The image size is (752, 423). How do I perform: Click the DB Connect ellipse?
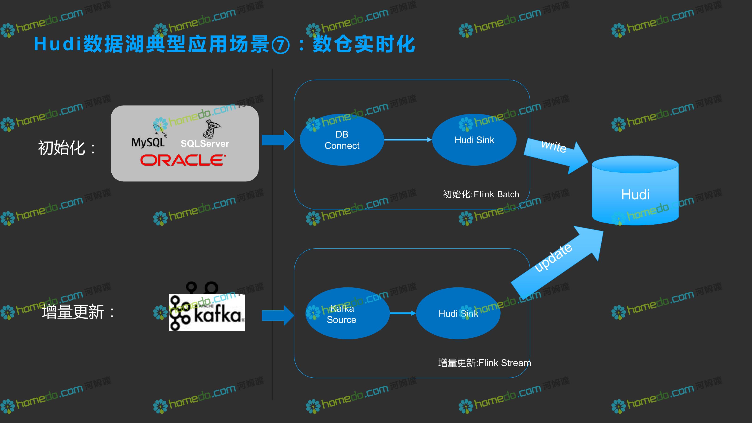coord(342,140)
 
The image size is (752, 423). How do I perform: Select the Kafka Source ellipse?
coord(347,313)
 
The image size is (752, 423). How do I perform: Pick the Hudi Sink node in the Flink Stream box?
coord(458,313)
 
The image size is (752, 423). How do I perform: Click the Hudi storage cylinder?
coord(635,190)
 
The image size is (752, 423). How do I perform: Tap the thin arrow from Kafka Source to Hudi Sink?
coord(403,313)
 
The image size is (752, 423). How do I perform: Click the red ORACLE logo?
coord(183,160)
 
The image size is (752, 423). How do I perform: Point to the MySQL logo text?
coord(148,143)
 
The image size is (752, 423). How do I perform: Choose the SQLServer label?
coord(205,144)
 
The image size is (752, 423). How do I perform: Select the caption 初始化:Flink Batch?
coord(481,194)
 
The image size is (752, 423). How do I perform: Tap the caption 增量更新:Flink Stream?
coord(485,363)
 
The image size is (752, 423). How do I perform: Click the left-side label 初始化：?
coord(67,148)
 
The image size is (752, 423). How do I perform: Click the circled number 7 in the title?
coord(281,45)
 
